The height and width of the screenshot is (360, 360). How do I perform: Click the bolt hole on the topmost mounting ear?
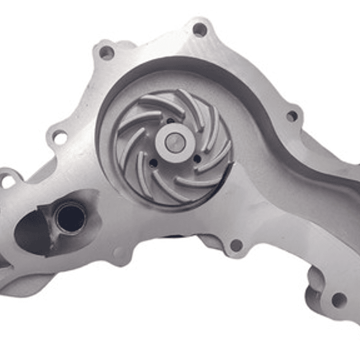(200, 30)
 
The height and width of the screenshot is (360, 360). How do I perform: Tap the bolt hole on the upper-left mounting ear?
(106, 53)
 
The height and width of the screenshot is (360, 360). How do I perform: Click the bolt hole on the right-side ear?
(292, 116)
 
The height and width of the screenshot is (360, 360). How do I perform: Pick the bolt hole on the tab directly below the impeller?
(235, 245)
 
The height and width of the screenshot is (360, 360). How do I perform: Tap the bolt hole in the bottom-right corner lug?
(339, 300)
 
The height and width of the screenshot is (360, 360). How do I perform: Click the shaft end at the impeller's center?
(174, 142)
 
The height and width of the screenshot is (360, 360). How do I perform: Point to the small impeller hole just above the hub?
(171, 121)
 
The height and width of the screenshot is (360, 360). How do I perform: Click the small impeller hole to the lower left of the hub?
(153, 163)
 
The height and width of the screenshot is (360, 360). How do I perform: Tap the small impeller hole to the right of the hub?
(197, 159)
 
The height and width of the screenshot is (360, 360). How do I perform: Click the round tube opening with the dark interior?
(71, 218)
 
